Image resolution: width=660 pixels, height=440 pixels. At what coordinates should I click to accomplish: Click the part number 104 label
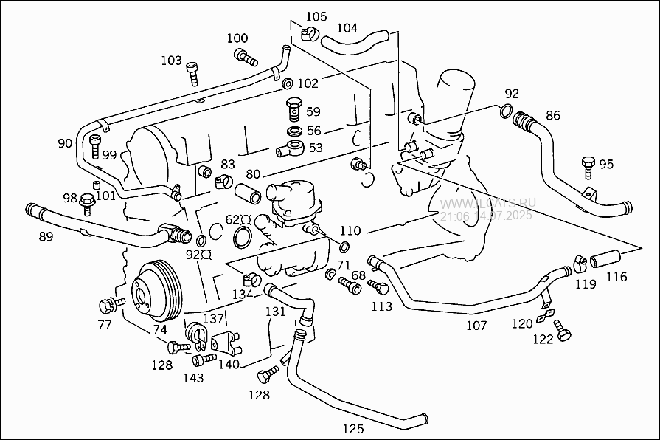coord(347,28)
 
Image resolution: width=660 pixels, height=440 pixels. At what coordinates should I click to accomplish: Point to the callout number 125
coord(352,428)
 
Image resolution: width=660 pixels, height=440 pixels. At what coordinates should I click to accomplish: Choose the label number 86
coord(552,115)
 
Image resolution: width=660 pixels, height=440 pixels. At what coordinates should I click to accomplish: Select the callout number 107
coord(476,325)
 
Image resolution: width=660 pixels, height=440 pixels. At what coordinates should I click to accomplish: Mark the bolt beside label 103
coord(192,72)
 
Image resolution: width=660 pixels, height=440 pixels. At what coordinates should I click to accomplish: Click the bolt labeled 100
coord(245,55)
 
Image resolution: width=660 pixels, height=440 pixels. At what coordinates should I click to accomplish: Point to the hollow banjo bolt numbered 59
coord(293,109)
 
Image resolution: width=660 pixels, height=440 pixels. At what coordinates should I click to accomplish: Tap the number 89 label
coord(46,236)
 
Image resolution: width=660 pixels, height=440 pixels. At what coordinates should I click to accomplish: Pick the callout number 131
coord(275,312)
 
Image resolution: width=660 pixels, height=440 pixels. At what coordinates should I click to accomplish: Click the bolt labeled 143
coord(204,360)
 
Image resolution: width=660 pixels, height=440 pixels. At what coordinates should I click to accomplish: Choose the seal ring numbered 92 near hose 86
coord(505,111)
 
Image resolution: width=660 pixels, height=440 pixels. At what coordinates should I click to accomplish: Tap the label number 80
coord(253,175)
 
